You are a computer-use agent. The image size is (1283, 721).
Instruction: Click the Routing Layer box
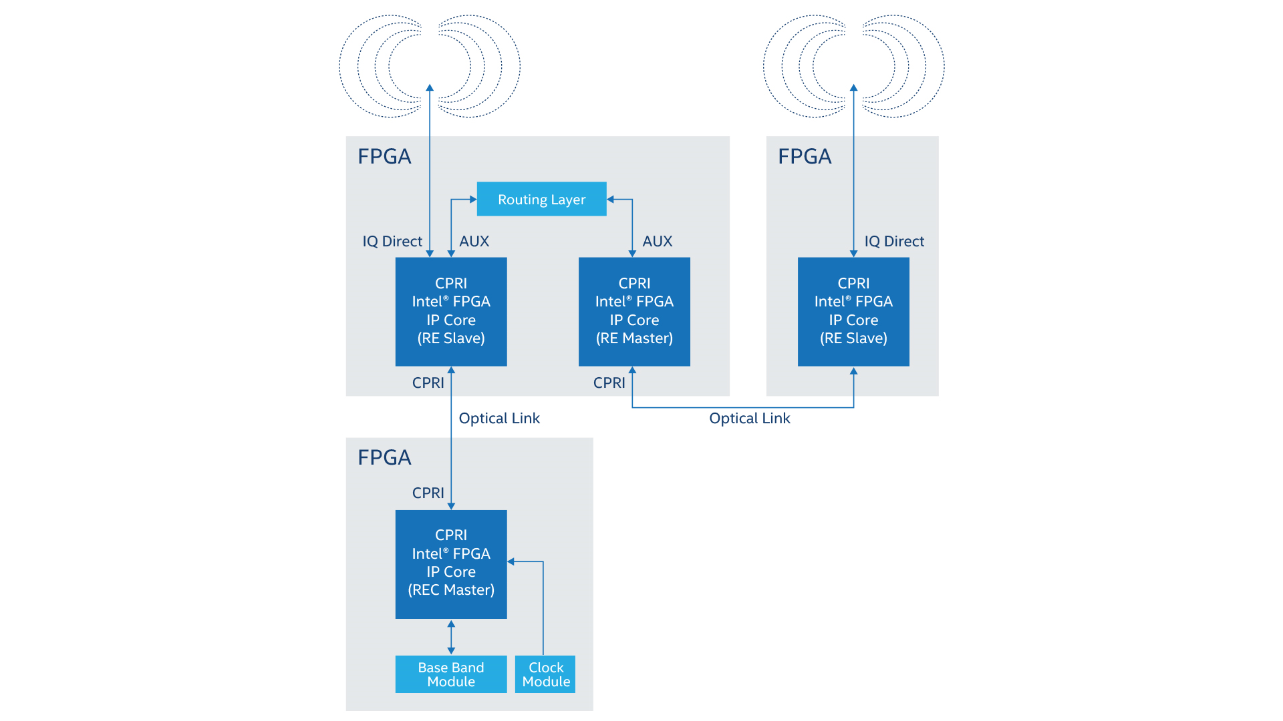pyautogui.click(x=541, y=199)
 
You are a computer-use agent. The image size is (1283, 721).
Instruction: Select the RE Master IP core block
pyautogui.click(x=634, y=311)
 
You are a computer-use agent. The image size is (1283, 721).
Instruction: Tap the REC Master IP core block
pyautogui.click(x=451, y=563)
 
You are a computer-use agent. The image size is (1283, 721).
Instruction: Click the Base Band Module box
pyautogui.click(x=451, y=674)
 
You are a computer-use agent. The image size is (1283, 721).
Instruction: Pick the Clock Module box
pyautogui.click(x=545, y=674)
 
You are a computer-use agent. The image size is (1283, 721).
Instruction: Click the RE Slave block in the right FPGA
pyautogui.click(x=853, y=311)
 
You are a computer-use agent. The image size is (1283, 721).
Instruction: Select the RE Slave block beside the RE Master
pyautogui.click(x=451, y=311)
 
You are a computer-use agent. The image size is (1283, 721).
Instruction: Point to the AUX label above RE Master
pyautogui.click(x=657, y=242)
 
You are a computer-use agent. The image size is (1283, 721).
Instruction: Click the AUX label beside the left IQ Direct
pyautogui.click(x=474, y=242)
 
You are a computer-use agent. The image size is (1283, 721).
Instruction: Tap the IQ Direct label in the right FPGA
pyautogui.click(x=894, y=242)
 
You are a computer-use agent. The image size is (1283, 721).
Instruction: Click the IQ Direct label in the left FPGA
pyautogui.click(x=392, y=242)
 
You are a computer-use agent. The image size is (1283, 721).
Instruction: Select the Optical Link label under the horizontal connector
pyautogui.click(x=749, y=419)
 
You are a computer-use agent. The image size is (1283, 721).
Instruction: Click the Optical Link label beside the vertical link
pyautogui.click(x=499, y=419)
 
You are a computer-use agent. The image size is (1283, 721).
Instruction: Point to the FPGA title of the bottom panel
pyautogui.click(x=384, y=457)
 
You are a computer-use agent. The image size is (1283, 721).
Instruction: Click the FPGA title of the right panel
pyautogui.click(x=805, y=156)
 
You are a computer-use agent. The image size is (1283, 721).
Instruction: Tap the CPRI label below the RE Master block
pyautogui.click(x=609, y=383)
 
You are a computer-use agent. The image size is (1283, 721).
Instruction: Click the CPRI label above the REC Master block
pyautogui.click(x=428, y=493)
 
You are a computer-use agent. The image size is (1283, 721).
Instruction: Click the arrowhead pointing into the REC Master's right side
pyautogui.click(x=511, y=561)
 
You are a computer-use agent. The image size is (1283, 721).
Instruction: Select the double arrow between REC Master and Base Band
pyautogui.click(x=451, y=637)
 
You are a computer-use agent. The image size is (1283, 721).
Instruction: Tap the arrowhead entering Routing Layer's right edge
pyautogui.click(x=611, y=199)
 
